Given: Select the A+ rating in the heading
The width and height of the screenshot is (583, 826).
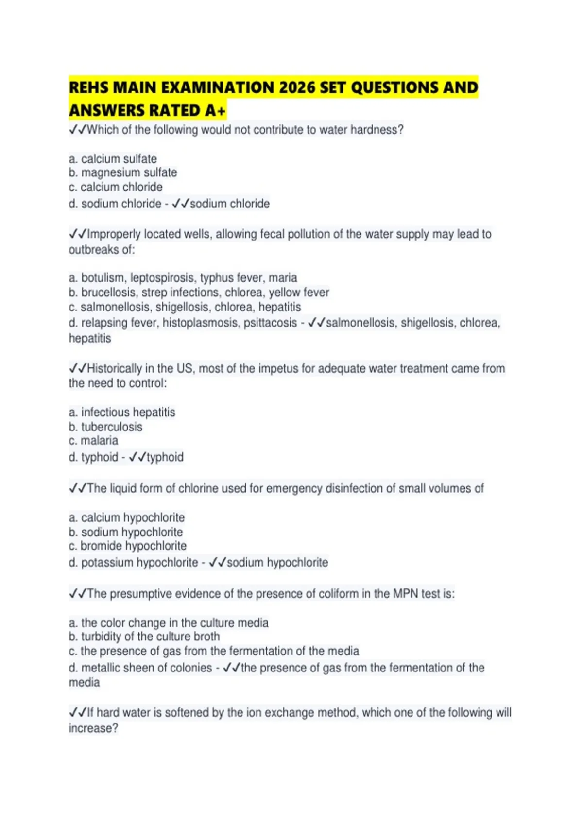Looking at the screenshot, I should click(215, 111).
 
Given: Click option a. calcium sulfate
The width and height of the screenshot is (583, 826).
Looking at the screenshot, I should click(113, 159).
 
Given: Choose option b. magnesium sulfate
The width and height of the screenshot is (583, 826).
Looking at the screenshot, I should click(123, 172).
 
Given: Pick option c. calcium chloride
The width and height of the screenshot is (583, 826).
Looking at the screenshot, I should click(116, 187).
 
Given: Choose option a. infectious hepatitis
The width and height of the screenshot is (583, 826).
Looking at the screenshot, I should click(122, 412).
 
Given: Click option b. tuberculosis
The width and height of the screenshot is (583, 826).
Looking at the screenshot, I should click(105, 427).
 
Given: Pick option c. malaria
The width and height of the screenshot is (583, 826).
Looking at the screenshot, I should click(93, 440).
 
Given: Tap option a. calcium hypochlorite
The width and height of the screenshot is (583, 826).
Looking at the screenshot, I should click(127, 517).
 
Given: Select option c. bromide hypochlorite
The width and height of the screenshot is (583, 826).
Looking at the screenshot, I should click(127, 546).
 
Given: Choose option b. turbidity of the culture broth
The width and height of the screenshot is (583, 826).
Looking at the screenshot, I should click(144, 637).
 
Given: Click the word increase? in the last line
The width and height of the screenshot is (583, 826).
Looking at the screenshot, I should click(93, 728).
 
